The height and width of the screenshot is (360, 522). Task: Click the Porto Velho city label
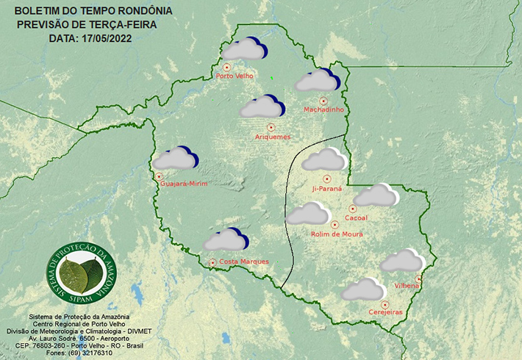tap(234, 76)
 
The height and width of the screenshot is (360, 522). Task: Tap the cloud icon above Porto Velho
tap(245, 49)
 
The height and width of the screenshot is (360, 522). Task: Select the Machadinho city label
tap(323, 110)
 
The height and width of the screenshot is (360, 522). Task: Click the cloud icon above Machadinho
tap(317, 80)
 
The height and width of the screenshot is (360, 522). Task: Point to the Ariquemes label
tap(272, 137)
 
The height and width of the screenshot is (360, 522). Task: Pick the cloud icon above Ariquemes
tap(262, 107)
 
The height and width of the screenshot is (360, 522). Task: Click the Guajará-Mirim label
tap(183, 183)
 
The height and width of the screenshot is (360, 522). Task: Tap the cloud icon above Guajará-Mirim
tap(175, 158)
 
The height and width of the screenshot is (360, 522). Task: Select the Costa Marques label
tap(243, 262)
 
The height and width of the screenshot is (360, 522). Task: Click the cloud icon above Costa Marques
tap(226, 240)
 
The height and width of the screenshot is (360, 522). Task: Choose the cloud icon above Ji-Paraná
tap(324, 159)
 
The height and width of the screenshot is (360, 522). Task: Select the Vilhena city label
tap(406, 285)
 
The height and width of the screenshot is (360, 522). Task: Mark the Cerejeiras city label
tap(385, 313)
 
